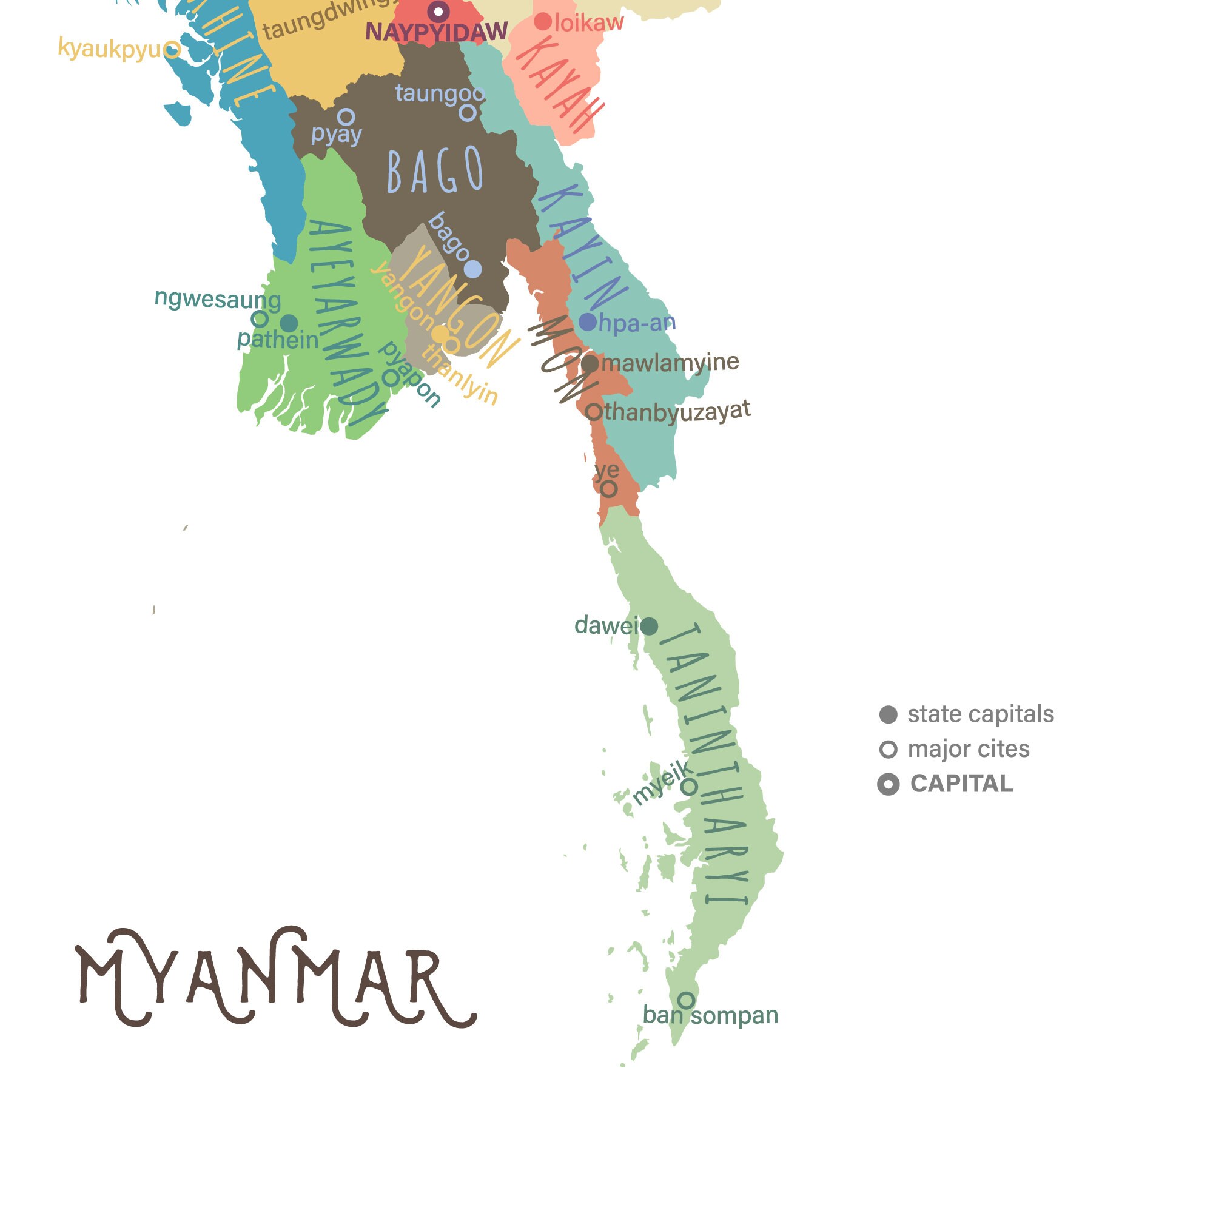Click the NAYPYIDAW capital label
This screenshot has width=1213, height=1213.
click(435, 32)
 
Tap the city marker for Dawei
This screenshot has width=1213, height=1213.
click(649, 626)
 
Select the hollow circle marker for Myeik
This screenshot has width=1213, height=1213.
click(689, 787)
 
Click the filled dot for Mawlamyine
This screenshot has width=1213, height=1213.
click(590, 363)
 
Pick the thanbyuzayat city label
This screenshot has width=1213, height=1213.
click(677, 412)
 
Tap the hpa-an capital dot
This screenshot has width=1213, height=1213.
click(587, 322)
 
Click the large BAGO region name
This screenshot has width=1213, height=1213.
click(435, 171)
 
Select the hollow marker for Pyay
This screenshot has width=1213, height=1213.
click(346, 117)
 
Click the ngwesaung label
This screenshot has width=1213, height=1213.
click(217, 299)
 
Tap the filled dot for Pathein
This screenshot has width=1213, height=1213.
click(289, 323)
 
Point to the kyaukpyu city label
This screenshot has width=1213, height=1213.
click(109, 48)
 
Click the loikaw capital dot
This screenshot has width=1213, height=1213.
click(542, 22)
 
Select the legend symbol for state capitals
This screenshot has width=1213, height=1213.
click(888, 714)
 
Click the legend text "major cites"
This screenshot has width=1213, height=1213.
click(968, 749)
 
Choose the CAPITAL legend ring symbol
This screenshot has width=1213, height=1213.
click(888, 784)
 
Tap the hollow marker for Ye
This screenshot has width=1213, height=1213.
click(608, 489)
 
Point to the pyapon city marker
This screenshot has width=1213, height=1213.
click(391, 378)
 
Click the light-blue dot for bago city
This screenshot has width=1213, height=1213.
click(473, 269)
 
